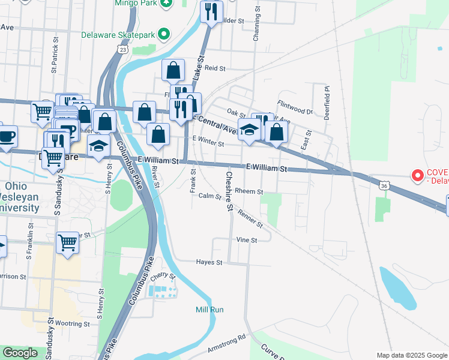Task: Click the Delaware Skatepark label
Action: click(119, 34)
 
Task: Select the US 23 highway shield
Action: click(122, 49)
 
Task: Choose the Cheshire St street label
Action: click(229, 191)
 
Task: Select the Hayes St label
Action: click(209, 262)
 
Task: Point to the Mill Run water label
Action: click(209, 310)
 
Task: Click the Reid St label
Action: click(214, 68)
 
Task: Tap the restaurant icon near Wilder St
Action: click(211, 11)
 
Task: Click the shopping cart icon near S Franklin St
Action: click(68, 243)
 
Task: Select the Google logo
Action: click(20, 353)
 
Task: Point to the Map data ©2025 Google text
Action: click(411, 355)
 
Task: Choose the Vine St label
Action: click(247, 239)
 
